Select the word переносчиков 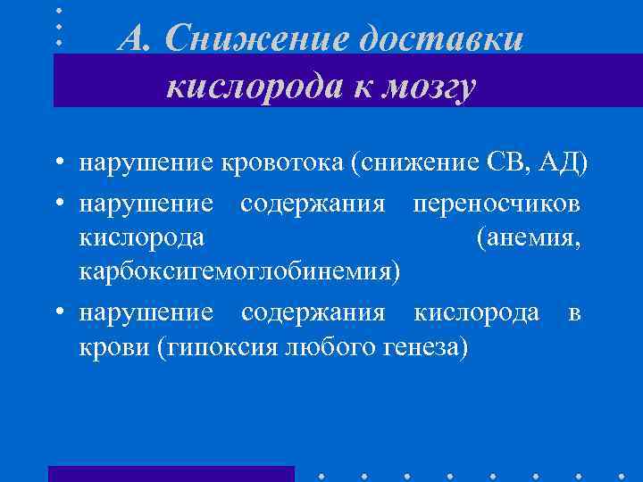(x=497, y=204)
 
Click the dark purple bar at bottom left (x=171, y=473)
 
